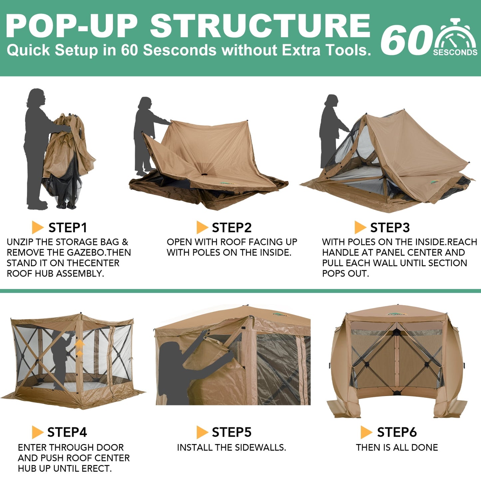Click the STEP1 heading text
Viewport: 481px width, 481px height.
68,228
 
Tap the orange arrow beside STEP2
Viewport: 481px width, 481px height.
202,227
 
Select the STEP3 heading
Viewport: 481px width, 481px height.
390,228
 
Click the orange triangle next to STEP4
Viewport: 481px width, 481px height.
37,432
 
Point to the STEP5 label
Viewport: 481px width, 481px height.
232,432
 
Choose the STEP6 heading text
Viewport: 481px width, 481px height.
397,432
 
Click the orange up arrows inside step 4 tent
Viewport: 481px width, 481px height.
79,348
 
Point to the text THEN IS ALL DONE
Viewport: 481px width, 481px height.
397,447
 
